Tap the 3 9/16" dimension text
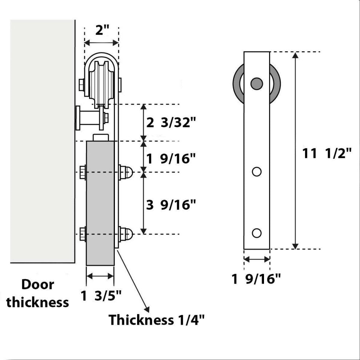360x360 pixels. pos(171,205)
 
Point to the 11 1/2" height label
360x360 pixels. pos(327,153)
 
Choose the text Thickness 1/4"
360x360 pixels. pos(157,320)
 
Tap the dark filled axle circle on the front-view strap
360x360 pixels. pos(257,83)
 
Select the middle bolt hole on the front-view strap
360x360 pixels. pos(257,171)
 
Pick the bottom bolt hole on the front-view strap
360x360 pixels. pos(257,233)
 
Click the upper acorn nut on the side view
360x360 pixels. pos(126,172)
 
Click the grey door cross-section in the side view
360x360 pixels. pos(100,204)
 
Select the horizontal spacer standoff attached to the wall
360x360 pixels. pos(91,117)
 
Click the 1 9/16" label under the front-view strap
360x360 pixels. pos(257,279)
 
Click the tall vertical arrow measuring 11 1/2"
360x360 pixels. pos(296,151)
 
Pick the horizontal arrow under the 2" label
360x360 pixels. pos(101,43)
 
